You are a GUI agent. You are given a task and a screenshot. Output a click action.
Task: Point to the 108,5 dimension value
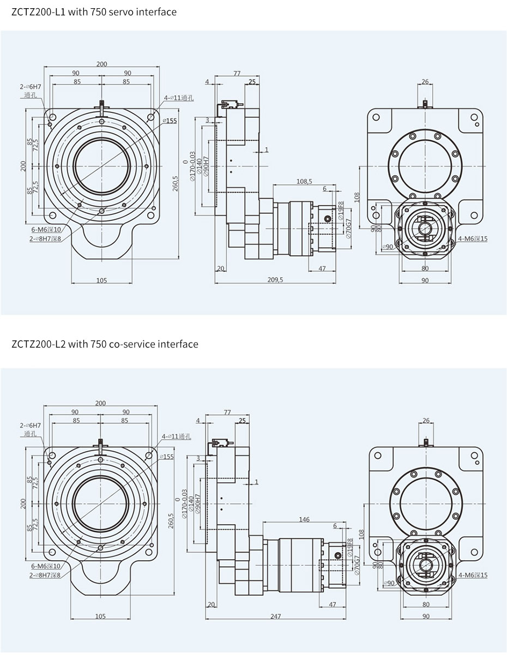pyautogui.click(x=304, y=181)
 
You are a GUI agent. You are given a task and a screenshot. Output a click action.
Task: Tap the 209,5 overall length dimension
pyautogui.click(x=275, y=280)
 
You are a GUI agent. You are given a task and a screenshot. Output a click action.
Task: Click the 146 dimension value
pyautogui.click(x=304, y=520)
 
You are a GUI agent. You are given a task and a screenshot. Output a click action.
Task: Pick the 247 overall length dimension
pyautogui.click(x=275, y=616)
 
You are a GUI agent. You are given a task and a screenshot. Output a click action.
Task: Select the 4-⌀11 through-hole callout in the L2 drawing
pyautogui.click(x=176, y=436)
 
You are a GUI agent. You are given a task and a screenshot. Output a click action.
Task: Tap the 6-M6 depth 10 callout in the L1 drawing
pyautogui.click(x=46, y=230)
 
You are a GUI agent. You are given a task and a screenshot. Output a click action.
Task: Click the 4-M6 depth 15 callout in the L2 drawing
pyautogui.click(x=473, y=575)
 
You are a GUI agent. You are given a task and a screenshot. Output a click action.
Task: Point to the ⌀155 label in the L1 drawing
pyautogui.click(x=170, y=121)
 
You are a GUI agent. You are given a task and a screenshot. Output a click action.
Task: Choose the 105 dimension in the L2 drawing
pyautogui.click(x=101, y=616)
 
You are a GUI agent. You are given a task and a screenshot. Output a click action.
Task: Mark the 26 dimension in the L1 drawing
pyautogui.click(x=425, y=82)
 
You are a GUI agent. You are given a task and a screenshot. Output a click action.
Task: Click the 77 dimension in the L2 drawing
pyautogui.click(x=227, y=413)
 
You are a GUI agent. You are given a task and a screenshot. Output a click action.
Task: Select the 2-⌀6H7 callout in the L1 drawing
pyautogui.click(x=31, y=86)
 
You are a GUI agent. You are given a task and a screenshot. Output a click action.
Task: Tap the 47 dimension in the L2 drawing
pyautogui.click(x=333, y=604)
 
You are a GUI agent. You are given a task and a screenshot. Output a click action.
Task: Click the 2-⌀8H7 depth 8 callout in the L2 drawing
pyautogui.click(x=45, y=575)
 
